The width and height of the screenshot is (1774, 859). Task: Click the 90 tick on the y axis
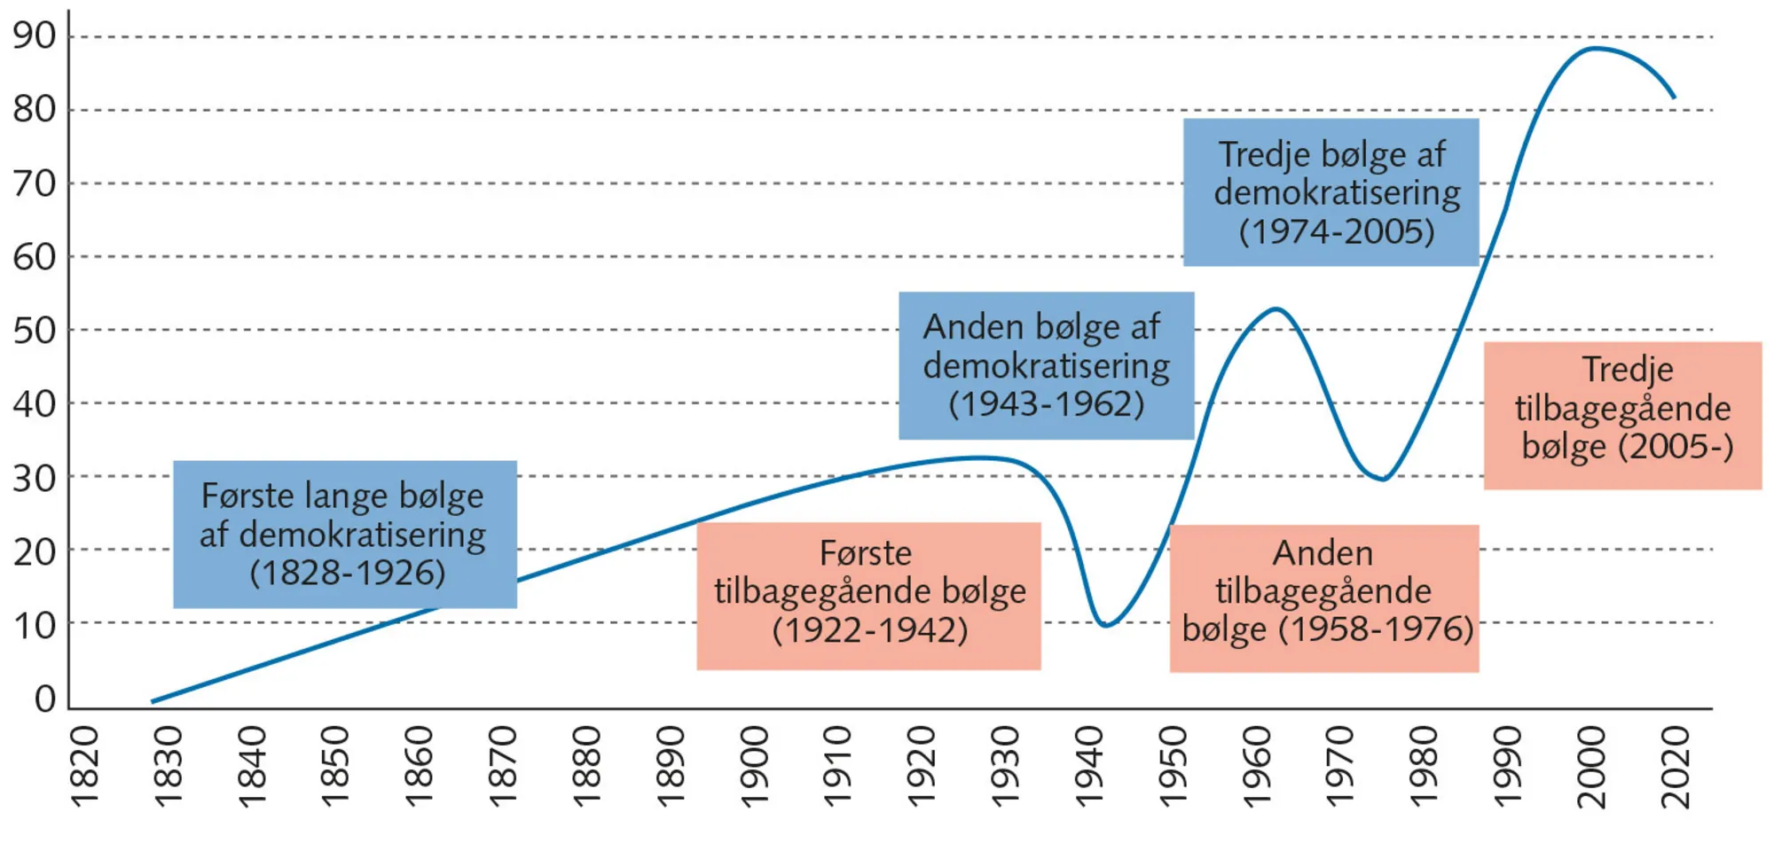point(34,36)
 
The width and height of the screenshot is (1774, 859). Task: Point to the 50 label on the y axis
point(34,331)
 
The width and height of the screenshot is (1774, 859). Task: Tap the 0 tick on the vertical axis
point(44,699)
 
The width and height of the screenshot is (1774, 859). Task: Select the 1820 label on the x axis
point(84,767)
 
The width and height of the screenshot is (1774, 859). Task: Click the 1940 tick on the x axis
point(1089,767)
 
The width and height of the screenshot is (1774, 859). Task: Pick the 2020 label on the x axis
point(1676,767)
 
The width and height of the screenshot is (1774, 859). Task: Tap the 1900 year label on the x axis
point(755,767)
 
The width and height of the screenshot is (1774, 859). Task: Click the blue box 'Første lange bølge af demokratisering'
point(344,534)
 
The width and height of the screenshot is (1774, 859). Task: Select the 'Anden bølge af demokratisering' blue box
point(1046,365)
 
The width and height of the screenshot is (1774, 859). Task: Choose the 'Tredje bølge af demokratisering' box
point(1330,192)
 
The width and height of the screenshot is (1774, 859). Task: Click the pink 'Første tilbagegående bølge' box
point(868,596)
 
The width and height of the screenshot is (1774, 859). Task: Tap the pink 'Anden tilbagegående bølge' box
point(1323,598)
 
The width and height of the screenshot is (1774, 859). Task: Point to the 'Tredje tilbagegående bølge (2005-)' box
point(1622,415)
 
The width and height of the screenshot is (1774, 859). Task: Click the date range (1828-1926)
point(347,574)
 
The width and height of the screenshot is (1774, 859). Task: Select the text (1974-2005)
point(1336,232)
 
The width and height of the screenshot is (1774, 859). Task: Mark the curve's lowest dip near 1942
point(1104,625)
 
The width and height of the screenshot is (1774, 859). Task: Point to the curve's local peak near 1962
point(1276,308)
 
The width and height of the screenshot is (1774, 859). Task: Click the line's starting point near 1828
point(153,702)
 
